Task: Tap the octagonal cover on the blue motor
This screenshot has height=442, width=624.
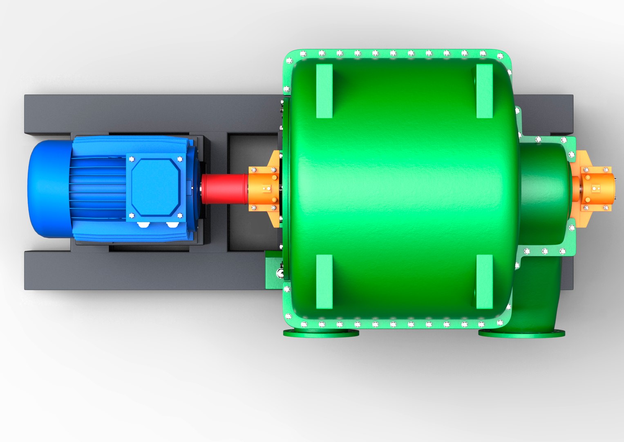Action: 156,187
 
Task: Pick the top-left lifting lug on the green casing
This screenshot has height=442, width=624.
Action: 324,91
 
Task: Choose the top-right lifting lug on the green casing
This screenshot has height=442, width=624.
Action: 484,91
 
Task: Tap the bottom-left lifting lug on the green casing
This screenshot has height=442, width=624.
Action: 324,282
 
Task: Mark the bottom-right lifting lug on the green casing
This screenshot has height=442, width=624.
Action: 484,282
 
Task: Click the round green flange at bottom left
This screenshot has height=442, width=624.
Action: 321,333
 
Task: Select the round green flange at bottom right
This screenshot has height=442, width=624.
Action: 521,334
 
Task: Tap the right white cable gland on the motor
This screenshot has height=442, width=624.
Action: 172,224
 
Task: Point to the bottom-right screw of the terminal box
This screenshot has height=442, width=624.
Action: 179,215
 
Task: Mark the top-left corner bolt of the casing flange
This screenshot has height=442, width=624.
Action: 289,61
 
